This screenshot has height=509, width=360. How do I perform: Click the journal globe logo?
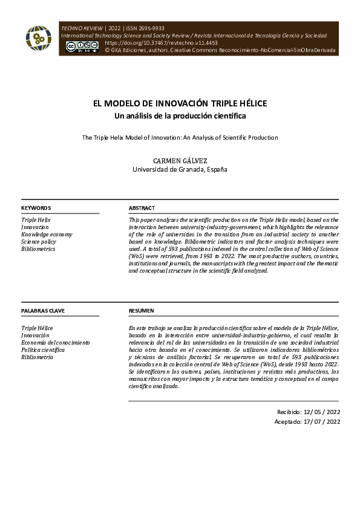38,39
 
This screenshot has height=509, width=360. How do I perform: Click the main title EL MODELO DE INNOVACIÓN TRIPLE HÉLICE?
180,103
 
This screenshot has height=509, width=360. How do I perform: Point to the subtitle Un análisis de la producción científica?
180,115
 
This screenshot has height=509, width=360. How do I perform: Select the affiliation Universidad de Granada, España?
180,170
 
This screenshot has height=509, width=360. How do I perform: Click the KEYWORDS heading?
36,208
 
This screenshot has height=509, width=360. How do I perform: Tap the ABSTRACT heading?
142,208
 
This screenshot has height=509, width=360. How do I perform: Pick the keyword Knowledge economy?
47,235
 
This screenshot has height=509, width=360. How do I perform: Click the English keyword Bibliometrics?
38,249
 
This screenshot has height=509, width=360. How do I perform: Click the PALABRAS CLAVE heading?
43,311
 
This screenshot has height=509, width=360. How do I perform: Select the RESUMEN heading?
142,311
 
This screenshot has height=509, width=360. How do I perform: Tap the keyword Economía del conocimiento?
55,343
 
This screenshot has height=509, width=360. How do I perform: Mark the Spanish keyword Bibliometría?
38,357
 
